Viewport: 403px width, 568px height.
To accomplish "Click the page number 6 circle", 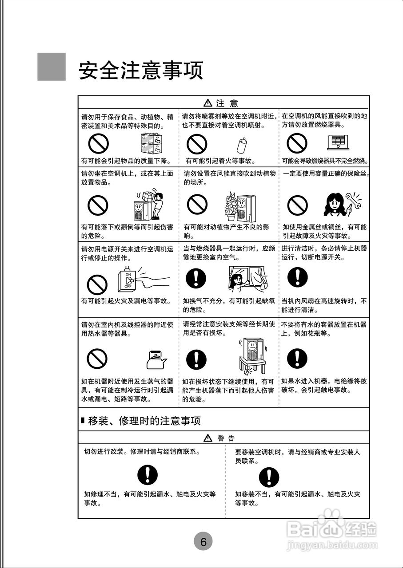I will click(x=203, y=541).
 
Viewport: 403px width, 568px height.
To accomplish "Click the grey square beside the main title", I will click(x=52, y=67).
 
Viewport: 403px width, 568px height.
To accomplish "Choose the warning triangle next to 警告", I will click(x=207, y=438).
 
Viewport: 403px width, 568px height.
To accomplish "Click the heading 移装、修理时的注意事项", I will click(x=144, y=420).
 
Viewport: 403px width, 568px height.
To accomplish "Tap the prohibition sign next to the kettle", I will click(x=97, y=359).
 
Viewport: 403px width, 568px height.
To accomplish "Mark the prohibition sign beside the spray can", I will click(x=197, y=144).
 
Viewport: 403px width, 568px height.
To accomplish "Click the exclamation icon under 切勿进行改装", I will click(x=148, y=475).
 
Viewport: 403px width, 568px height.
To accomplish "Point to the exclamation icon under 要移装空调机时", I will click(x=269, y=477).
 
